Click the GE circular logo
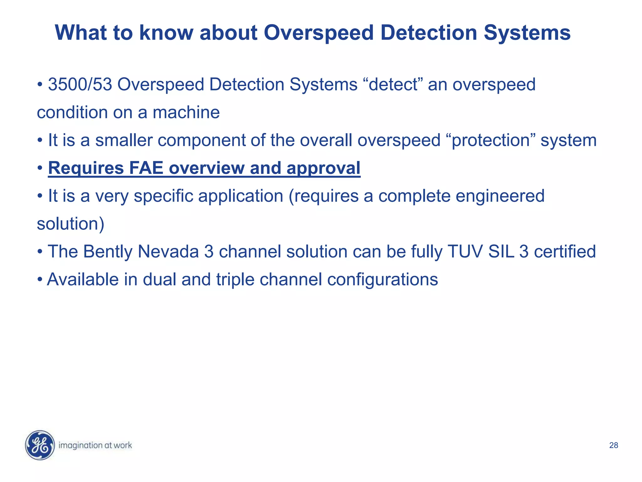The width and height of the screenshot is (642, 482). (x=40, y=445)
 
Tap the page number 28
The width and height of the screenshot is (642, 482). (x=613, y=445)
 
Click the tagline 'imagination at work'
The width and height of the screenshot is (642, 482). (x=95, y=445)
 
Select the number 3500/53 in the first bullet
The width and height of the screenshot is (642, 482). (x=80, y=84)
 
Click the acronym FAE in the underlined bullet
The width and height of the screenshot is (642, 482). (x=146, y=168)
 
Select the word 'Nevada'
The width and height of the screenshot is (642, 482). (x=168, y=252)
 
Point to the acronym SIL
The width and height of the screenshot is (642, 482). (x=501, y=252)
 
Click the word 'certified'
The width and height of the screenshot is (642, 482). (x=565, y=252)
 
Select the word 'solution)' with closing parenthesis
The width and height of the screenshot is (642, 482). (x=71, y=224)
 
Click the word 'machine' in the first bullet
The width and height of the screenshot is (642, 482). (x=186, y=112)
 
